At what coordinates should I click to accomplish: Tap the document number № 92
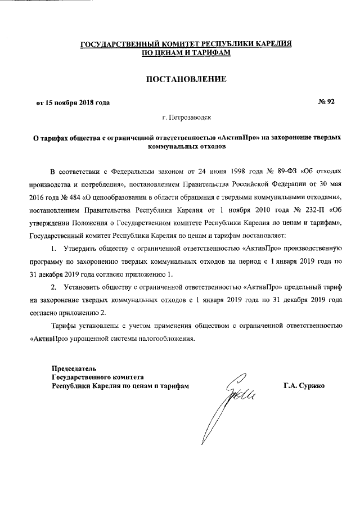(x=326, y=102)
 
